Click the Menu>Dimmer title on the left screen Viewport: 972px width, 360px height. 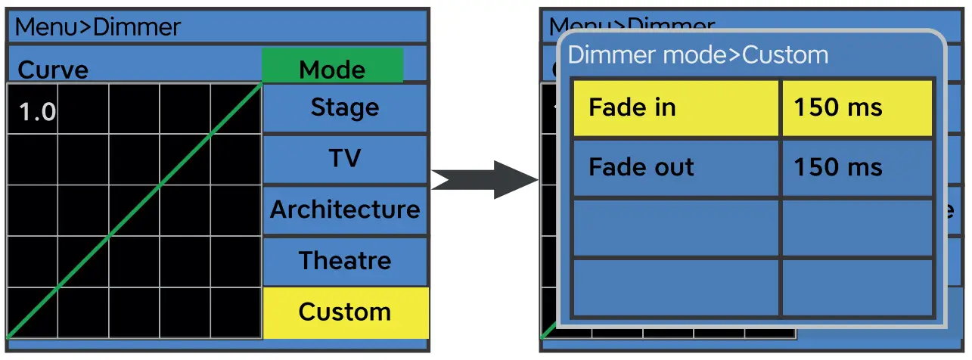click(98, 28)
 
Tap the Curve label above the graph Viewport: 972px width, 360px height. click(53, 70)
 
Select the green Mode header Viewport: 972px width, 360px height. click(332, 68)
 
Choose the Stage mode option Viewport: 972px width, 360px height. click(345, 108)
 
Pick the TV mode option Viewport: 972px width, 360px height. click(345, 159)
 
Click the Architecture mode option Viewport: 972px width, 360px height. click(345, 209)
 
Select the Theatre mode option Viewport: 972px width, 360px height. click(345, 261)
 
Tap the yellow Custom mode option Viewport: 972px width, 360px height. click(345, 312)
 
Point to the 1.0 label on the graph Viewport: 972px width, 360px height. click(36, 112)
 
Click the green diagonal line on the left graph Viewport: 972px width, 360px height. click(135, 209)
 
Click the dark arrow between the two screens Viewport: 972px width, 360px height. click(484, 180)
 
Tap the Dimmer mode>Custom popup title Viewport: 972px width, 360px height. click(697, 55)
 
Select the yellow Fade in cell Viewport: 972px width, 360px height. click(675, 107)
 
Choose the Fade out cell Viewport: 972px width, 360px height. click(675, 167)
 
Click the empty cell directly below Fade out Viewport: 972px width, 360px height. click(675, 228)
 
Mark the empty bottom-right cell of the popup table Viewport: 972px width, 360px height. click(857, 287)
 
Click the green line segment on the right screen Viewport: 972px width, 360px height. click(549, 331)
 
